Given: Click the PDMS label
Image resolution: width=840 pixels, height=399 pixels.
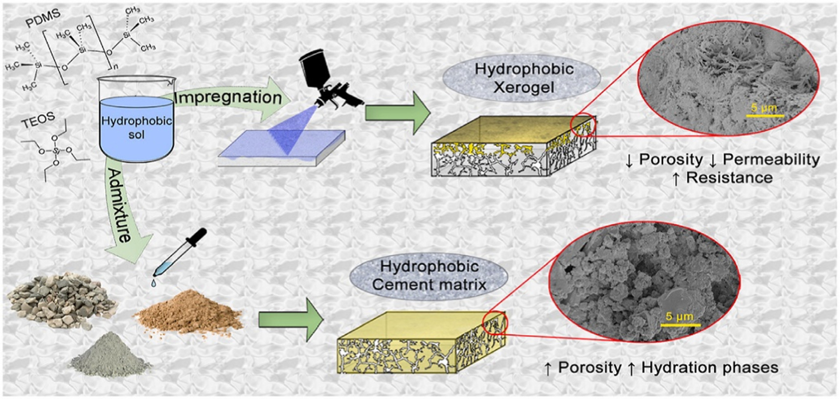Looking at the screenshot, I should click(43, 18).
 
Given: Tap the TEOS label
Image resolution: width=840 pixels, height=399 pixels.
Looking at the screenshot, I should click(39, 121).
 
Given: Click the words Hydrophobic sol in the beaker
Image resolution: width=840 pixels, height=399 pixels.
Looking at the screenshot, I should click(136, 127).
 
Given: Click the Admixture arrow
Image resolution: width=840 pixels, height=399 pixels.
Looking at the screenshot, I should click(120, 211).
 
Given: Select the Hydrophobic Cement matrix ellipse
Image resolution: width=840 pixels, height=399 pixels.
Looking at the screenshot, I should click(429, 275).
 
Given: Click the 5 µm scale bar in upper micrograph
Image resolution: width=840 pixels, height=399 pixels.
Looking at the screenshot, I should click(765, 116).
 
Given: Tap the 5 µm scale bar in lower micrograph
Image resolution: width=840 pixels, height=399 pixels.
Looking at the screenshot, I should click(680, 324).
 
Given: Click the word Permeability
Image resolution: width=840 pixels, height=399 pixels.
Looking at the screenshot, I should click(771, 159).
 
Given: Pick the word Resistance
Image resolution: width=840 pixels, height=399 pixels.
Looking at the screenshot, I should click(729, 178).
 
